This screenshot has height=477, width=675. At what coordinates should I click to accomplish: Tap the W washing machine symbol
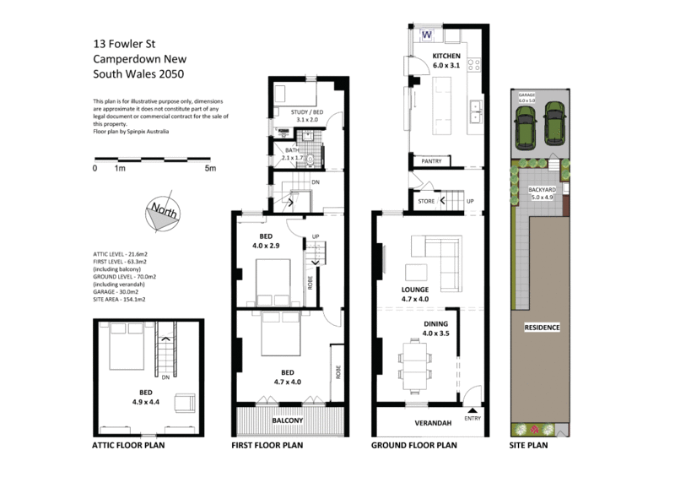coord(426,35)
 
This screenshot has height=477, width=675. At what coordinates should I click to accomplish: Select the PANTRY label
coord(431,160)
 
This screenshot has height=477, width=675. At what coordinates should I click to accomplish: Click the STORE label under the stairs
coord(426,202)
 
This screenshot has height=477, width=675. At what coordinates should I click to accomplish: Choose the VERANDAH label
coord(431,422)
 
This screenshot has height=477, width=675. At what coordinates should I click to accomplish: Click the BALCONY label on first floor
coord(288,420)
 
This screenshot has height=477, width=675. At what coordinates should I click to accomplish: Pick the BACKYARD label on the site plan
coord(542,191)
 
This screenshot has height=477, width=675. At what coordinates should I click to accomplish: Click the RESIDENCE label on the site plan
coord(542,327)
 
